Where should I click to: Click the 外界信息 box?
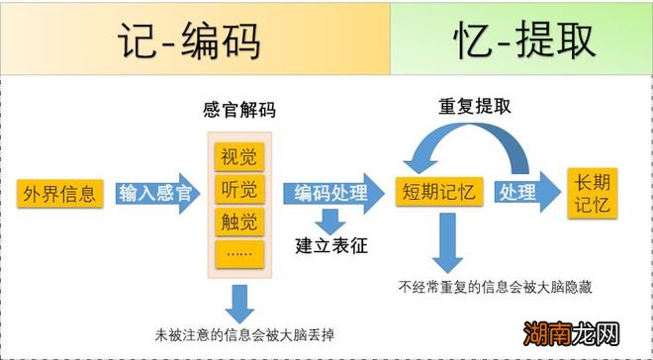[59, 193]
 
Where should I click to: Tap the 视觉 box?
[237, 157]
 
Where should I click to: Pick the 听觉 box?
[237, 188]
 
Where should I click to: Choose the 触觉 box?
[237, 220]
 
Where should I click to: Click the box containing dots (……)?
[237, 252]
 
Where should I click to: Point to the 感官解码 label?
[237, 112]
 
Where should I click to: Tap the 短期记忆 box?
[436, 193]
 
